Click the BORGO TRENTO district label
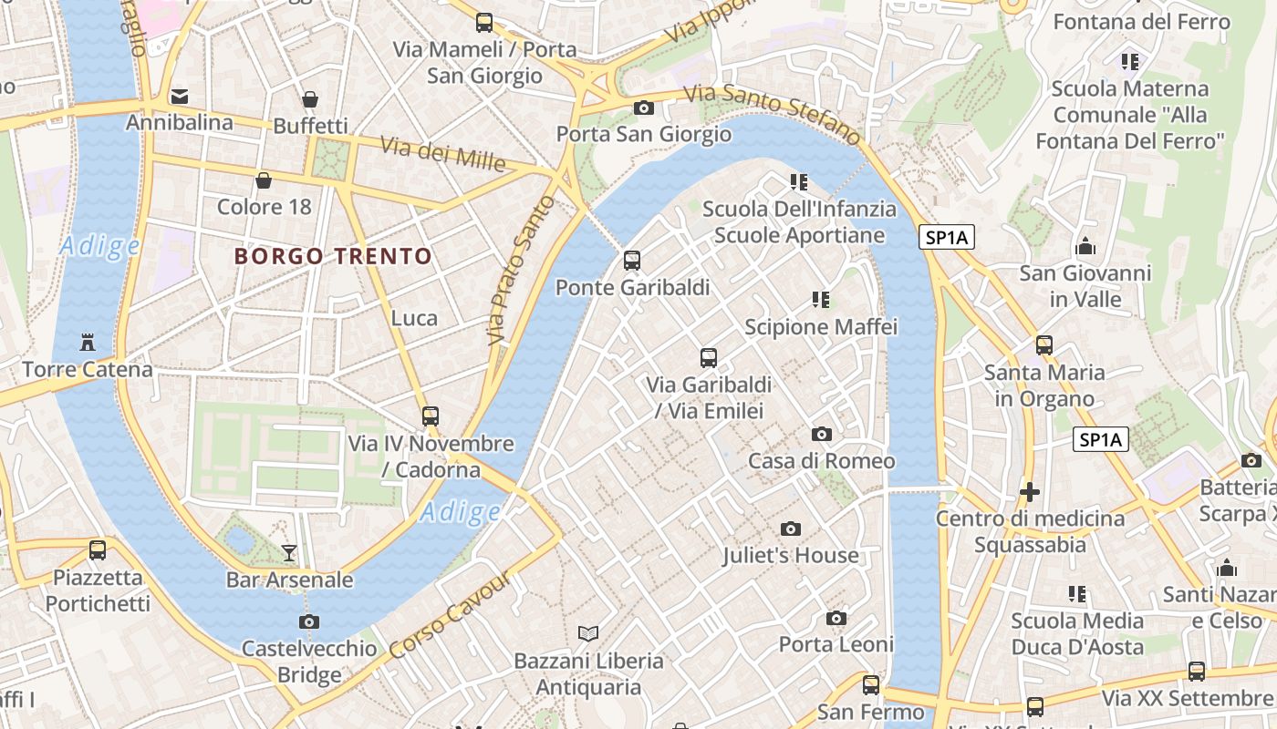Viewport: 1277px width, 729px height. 333,256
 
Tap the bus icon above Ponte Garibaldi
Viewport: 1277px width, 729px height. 631,261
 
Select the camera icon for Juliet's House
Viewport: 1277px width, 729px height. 791,529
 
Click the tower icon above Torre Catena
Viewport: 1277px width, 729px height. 88,343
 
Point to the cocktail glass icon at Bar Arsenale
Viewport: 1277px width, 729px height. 289,552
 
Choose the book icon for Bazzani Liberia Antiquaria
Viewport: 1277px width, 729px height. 588,633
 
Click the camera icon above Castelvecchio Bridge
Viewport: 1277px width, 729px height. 309,622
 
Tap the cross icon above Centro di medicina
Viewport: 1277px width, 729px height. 1030,492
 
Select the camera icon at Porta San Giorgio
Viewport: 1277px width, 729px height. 643,108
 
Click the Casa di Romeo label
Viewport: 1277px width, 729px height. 821,460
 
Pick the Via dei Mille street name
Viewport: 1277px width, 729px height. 442,154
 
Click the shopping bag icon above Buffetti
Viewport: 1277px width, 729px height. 310,99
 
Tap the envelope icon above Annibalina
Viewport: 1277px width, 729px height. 180,96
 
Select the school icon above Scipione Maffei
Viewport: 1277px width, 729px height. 820,299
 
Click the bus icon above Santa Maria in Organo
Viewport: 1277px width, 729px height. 1043,345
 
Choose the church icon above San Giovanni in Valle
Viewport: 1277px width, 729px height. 1085,246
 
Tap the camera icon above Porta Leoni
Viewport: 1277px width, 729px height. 836,619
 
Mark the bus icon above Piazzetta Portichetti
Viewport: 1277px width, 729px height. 98,550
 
